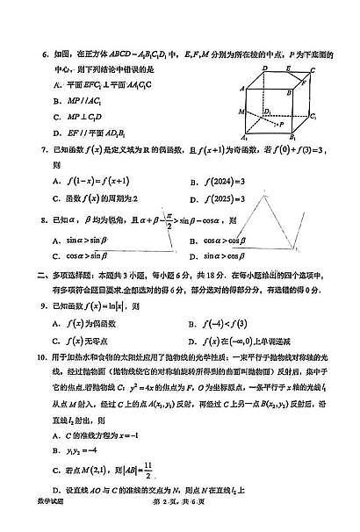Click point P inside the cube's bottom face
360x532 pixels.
coord(279,125)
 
